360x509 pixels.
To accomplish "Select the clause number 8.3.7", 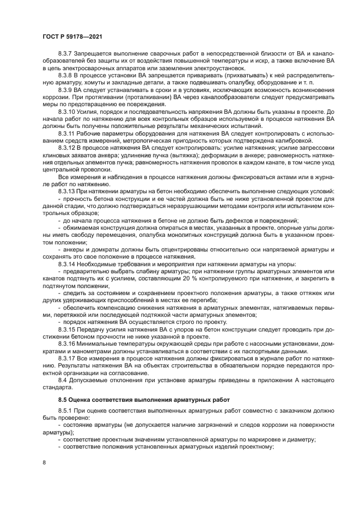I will pos(66,53).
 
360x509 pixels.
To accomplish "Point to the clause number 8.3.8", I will pos(66,73).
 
